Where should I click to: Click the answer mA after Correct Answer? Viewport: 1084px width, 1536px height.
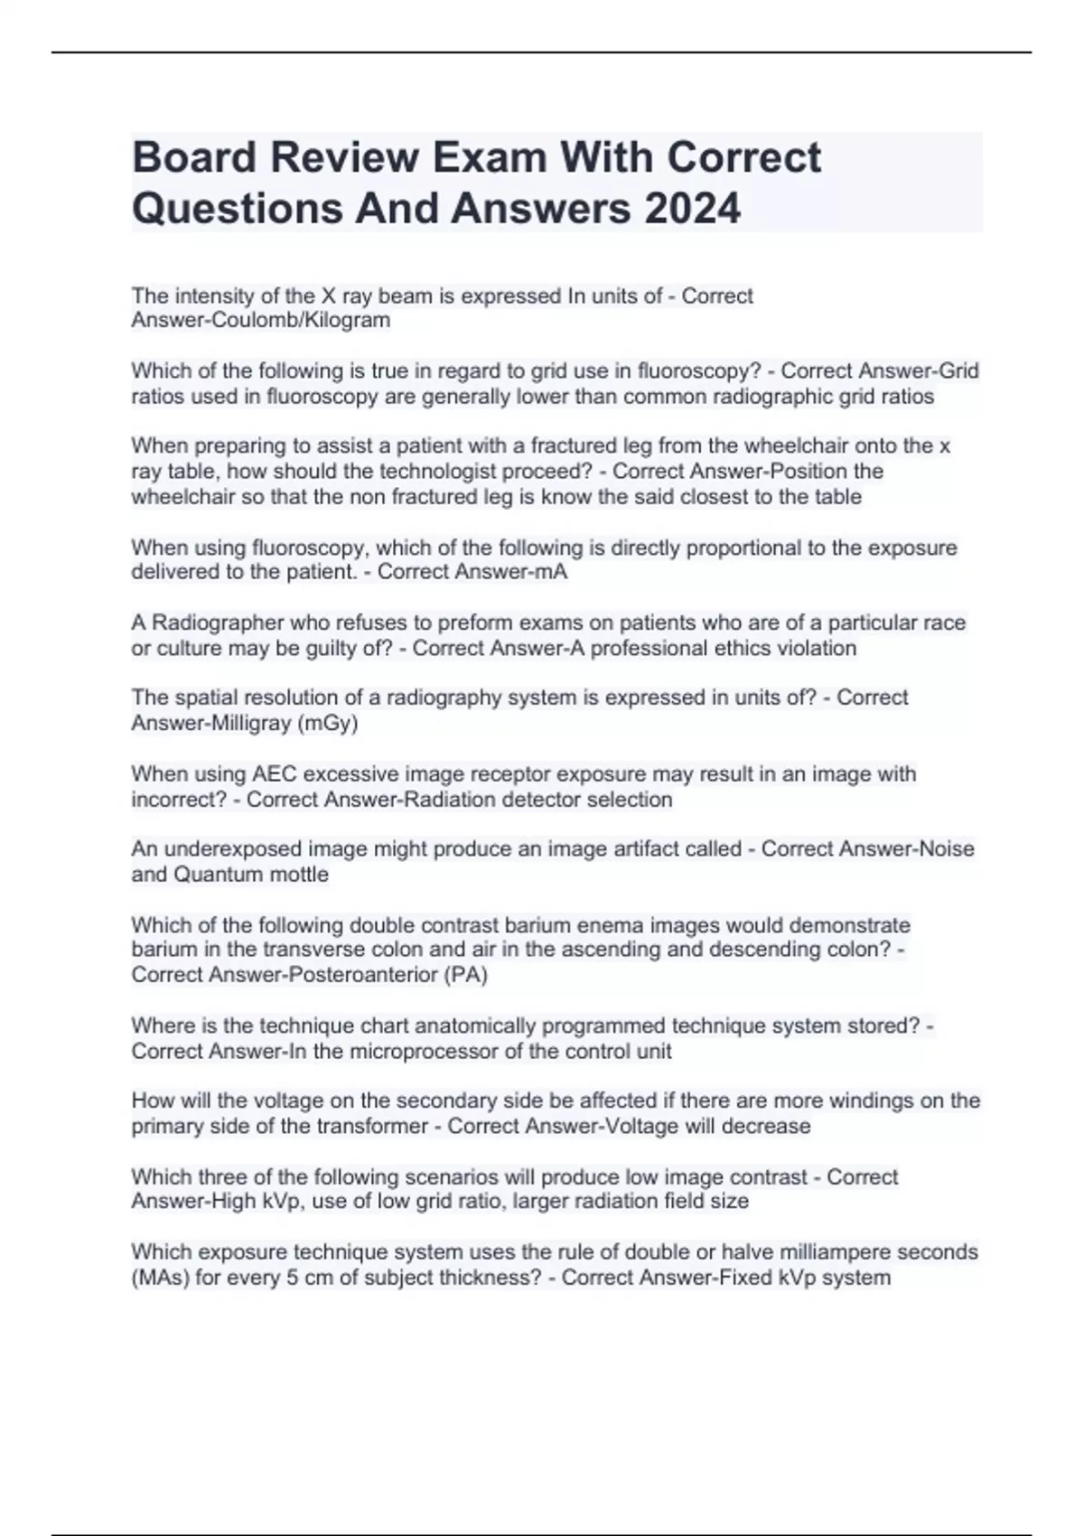pos(549,572)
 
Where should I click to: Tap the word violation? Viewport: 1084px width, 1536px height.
pos(813,648)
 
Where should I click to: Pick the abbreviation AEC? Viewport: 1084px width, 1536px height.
pos(275,774)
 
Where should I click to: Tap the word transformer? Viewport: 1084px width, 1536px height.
pos(378,1126)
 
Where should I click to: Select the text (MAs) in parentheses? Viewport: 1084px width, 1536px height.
pos(160,1278)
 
